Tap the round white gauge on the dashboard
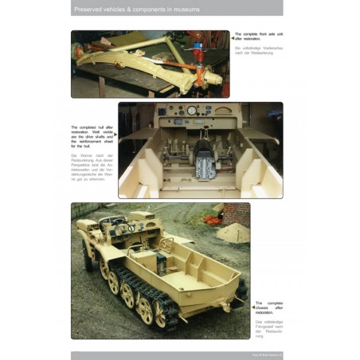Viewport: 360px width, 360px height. coord(192,111)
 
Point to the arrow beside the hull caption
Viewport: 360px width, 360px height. coord(115,135)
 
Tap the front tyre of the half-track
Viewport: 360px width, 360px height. coord(88,254)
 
